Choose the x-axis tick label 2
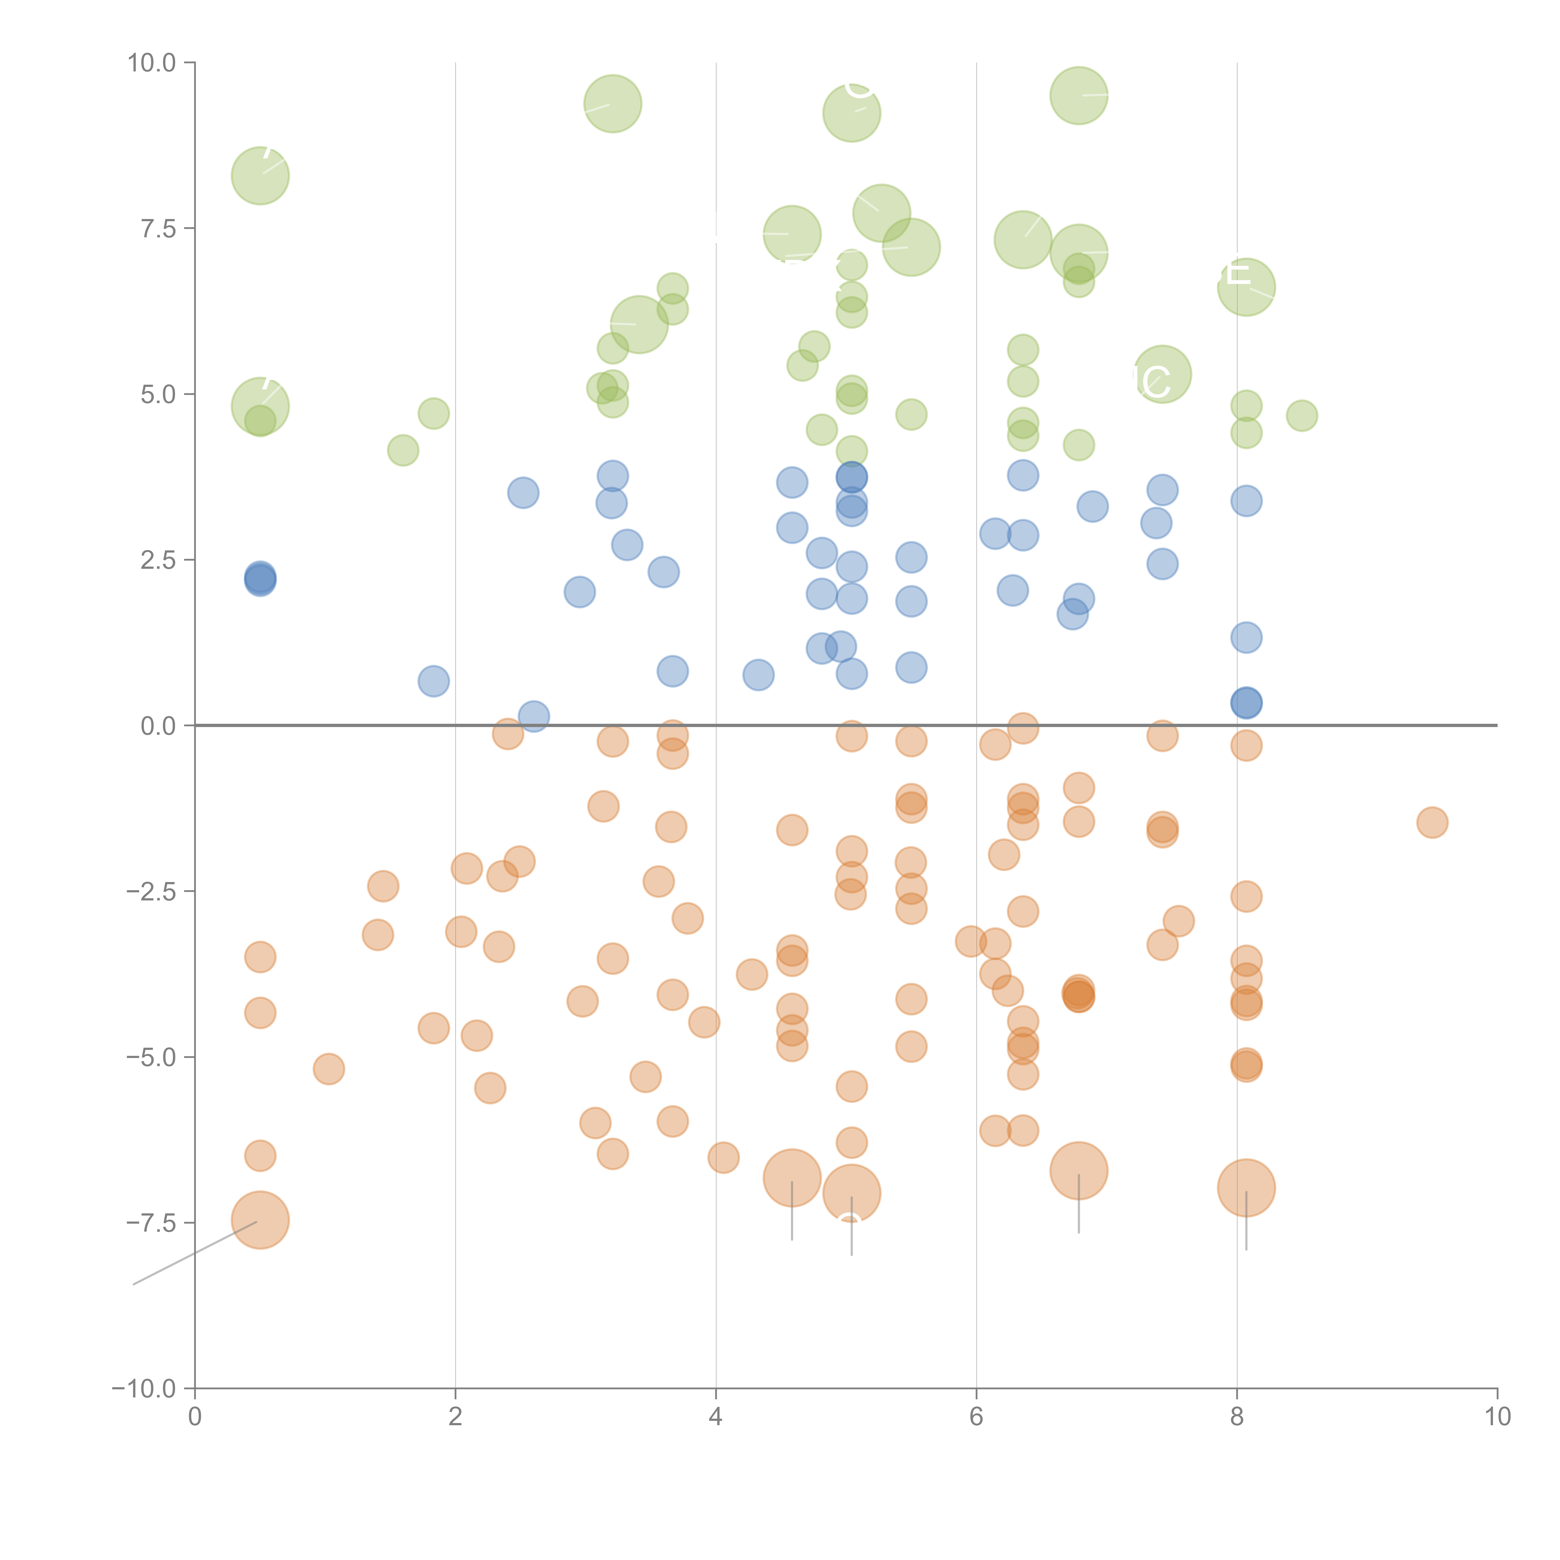click(x=456, y=1417)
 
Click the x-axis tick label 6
click(x=976, y=1417)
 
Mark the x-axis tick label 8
click(x=1237, y=1417)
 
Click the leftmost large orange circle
click(x=260, y=1220)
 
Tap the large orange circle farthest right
click(x=1246, y=1188)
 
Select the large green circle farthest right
click(x=1246, y=287)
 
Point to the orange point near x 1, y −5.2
click(x=329, y=1069)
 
